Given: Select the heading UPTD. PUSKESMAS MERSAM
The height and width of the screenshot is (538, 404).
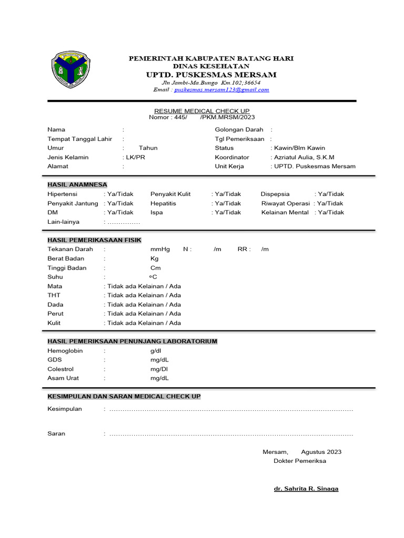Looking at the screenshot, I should pos(211,75).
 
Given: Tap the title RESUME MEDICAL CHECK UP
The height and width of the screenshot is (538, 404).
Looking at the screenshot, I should pos(201,111).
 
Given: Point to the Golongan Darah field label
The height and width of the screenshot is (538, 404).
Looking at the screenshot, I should pos(239,130).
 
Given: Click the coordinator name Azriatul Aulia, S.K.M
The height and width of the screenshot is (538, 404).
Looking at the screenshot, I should pos(303,157).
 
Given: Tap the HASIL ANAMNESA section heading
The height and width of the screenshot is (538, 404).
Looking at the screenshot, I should pos(77,185).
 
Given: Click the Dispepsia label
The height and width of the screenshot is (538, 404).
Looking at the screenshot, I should pos(275,194).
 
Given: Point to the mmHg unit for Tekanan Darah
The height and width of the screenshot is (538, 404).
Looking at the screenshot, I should pos(160,249).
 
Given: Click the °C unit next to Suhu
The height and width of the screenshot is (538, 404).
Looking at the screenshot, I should pos(153,277).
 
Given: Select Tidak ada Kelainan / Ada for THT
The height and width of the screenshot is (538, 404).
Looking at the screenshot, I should pos(143,295).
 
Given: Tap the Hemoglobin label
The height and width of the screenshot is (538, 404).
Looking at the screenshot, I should pos(65,350).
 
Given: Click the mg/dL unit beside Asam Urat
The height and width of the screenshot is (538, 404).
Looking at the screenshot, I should pos(159,378).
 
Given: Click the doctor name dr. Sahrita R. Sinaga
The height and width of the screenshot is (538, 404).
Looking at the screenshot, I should pos(306,489).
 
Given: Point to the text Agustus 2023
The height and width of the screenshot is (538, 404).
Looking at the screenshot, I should pos(321,452).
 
